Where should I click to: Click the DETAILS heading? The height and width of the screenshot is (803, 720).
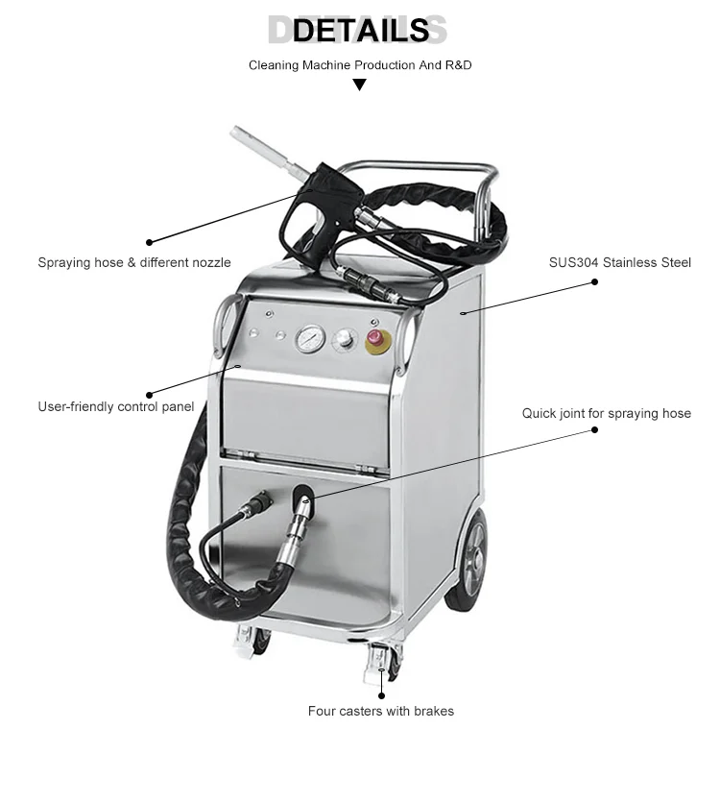pyautogui.click(x=360, y=31)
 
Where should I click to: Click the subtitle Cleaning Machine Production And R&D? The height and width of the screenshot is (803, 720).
pyautogui.click(x=360, y=65)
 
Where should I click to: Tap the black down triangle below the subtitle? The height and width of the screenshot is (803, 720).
pyautogui.click(x=360, y=85)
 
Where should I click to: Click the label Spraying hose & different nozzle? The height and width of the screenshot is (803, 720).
pyautogui.click(x=134, y=262)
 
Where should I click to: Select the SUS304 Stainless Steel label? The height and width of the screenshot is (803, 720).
pyautogui.click(x=620, y=262)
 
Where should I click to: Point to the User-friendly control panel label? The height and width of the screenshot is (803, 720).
pyautogui.click(x=116, y=406)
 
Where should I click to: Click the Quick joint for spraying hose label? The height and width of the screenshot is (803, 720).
pyautogui.click(x=607, y=413)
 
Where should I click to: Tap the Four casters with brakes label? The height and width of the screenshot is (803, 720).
pyautogui.click(x=381, y=712)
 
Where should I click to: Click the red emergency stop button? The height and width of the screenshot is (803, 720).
pyautogui.click(x=374, y=339)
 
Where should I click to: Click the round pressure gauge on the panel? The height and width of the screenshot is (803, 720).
pyautogui.click(x=310, y=340)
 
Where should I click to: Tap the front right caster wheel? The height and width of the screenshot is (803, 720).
pyautogui.click(x=380, y=664)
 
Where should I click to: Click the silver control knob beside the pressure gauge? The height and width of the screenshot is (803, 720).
pyautogui.click(x=343, y=340)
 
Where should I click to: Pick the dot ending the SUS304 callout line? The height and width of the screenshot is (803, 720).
pyautogui.click(x=595, y=282)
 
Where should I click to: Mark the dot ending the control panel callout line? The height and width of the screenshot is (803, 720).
pyautogui.click(x=149, y=394)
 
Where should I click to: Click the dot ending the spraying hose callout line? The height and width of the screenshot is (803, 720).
pyautogui.click(x=149, y=242)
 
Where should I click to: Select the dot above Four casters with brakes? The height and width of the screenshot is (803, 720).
pyautogui.click(x=381, y=694)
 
